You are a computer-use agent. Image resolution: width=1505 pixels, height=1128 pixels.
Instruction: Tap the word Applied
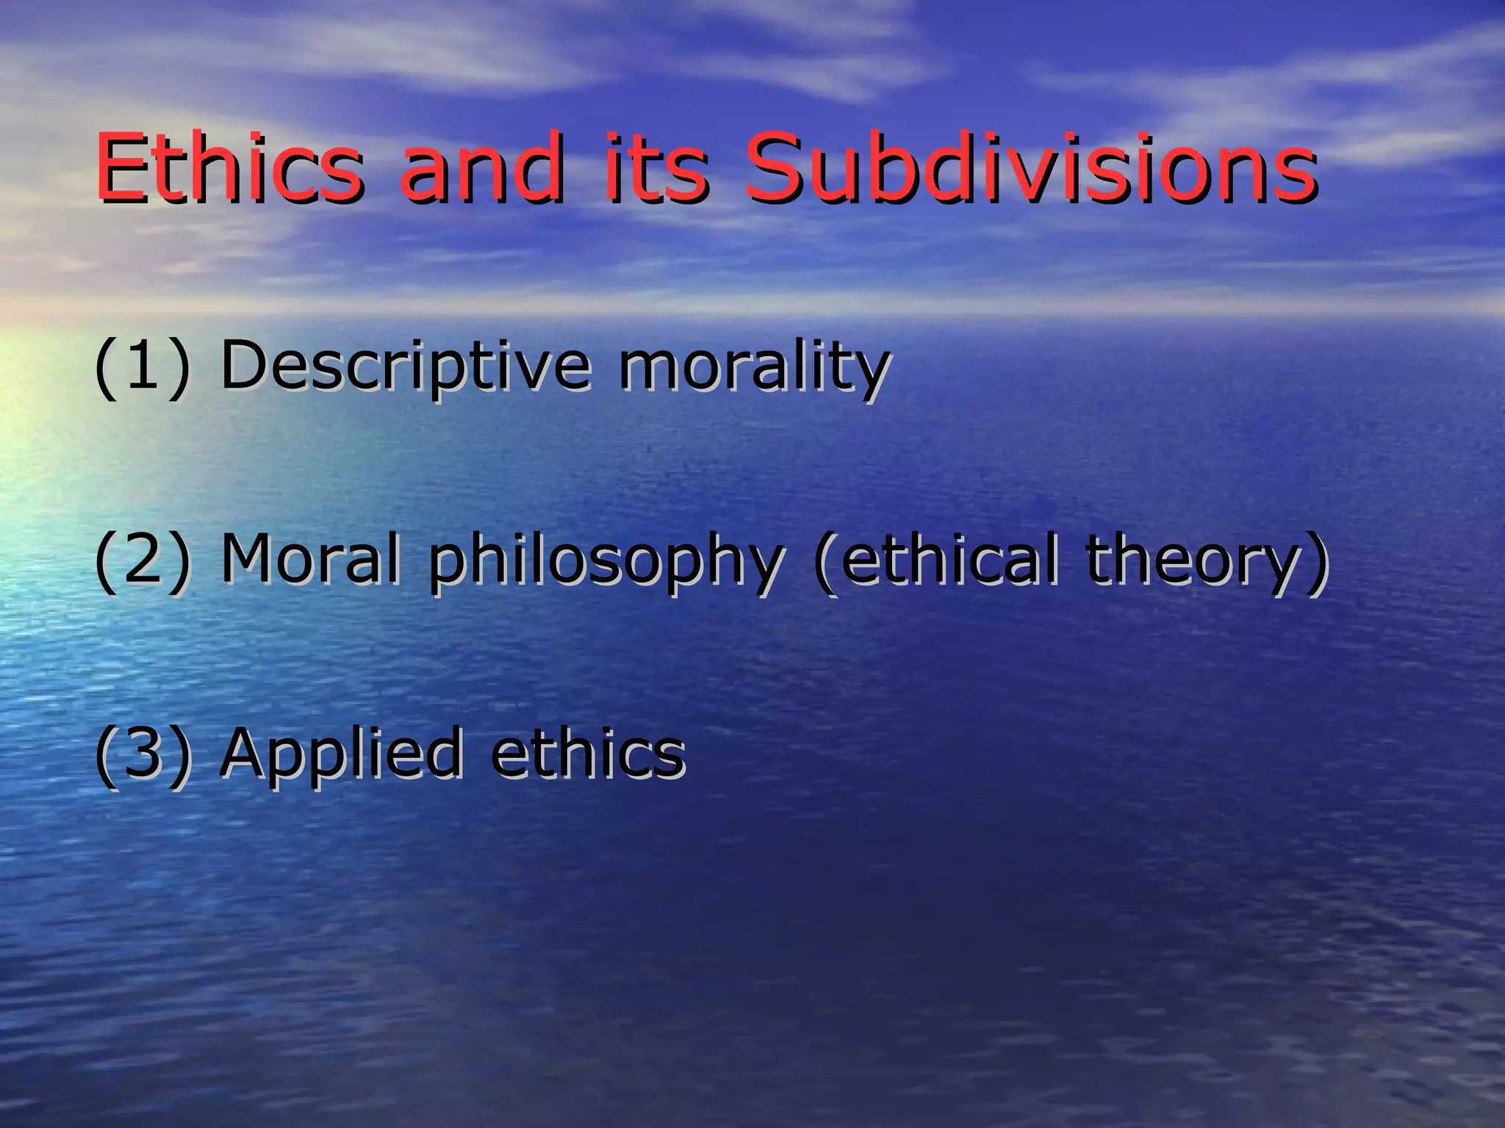[341, 755]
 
